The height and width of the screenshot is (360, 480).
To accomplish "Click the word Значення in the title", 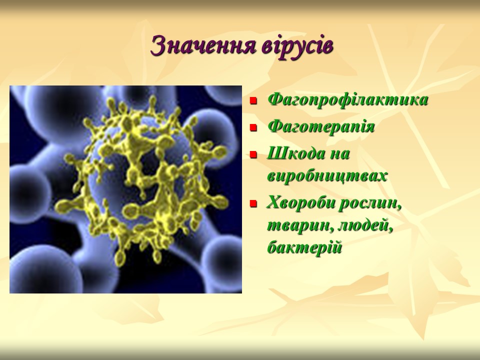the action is (x=203, y=45).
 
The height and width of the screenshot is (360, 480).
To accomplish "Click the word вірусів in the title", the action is (x=297, y=46).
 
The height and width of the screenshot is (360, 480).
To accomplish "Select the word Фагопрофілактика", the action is (x=348, y=100).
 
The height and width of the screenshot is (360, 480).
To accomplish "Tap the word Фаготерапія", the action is (x=321, y=126).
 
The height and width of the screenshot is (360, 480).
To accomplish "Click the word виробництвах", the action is (x=327, y=175).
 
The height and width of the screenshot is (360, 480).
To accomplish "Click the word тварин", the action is (x=300, y=226).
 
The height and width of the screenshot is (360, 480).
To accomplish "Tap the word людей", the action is (x=365, y=225).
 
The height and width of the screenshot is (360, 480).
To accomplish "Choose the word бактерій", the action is (x=304, y=247).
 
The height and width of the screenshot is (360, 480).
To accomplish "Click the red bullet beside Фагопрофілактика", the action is (x=253, y=100).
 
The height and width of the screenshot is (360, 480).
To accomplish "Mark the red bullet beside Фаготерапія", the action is (x=253, y=127).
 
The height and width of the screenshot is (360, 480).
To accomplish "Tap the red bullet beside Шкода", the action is (x=253, y=154).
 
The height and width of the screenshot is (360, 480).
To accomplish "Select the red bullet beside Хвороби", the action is (x=253, y=203).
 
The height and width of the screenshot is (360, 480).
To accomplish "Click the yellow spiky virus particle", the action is (x=141, y=179).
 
